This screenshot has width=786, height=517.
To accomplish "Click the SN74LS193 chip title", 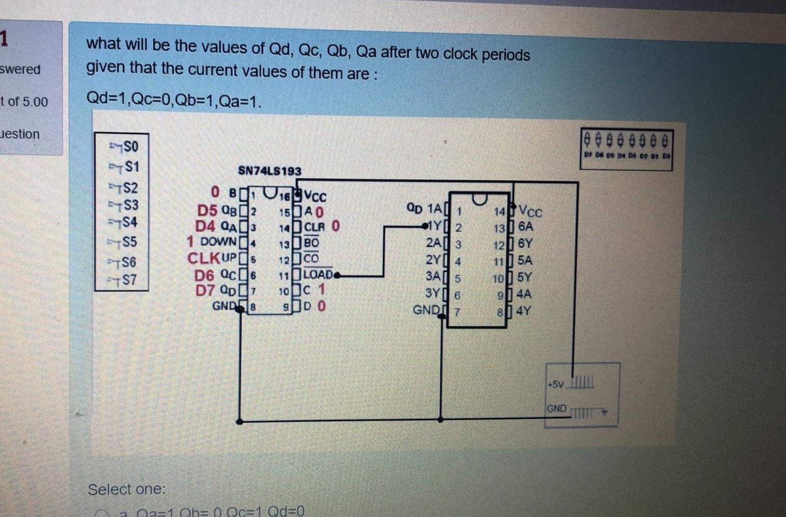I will click(269, 170).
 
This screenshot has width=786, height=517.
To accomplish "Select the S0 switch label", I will click(130, 147).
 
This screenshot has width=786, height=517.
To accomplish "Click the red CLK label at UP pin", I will click(204, 258).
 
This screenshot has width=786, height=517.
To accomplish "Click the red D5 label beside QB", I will click(207, 210).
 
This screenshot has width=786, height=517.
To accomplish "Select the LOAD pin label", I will click(318, 274).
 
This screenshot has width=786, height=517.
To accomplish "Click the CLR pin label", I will click(314, 227).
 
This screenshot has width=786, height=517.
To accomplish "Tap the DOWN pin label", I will click(218, 241).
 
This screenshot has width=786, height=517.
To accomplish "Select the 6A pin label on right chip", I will click(525, 226).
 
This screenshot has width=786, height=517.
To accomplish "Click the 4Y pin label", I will click(524, 311).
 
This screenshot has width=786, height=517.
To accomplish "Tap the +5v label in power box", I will click(555, 385).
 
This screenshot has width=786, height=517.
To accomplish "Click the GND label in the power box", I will click(556, 409).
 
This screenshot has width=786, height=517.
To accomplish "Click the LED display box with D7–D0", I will click(626, 149).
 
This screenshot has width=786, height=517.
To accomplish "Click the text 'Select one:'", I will click(126, 489).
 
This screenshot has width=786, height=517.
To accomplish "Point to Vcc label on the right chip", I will click(530, 211).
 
